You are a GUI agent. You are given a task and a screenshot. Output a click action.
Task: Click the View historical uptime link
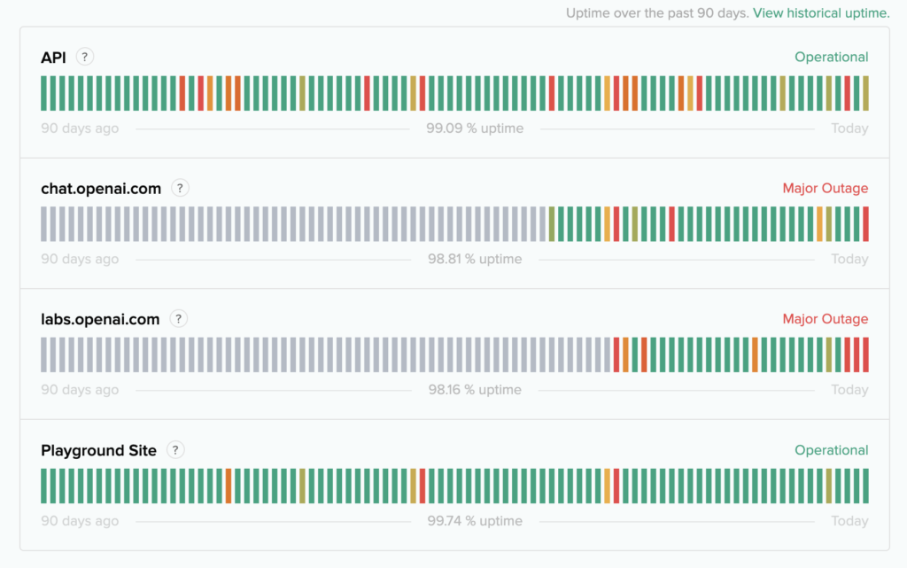click(x=821, y=12)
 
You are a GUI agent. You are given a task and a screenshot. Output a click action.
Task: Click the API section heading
click(x=53, y=58)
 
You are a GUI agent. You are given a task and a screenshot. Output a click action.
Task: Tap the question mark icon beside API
click(x=85, y=57)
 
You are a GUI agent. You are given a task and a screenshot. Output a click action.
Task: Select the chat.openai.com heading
click(x=101, y=188)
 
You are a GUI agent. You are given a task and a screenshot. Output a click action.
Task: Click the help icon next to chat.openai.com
click(x=180, y=188)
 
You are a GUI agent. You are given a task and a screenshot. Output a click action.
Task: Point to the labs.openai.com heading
click(x=100, y=319)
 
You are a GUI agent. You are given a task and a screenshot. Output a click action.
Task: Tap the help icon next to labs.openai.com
click(x=179, y=319)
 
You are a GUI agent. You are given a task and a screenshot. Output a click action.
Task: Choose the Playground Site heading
click(x=98, y=450)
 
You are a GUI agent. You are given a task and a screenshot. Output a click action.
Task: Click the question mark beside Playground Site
click(x=176, y=450)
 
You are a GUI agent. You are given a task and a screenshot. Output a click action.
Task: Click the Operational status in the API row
click(x=831, y=57)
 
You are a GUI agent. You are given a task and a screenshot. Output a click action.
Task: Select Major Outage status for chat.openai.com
click(x=825, y=188)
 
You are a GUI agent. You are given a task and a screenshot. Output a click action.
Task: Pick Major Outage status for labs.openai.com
click(x=825, y=319)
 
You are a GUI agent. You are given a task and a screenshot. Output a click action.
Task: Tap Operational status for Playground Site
click(x=831, y=450)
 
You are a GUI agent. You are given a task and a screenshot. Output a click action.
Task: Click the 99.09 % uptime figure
click(x=475, y=128)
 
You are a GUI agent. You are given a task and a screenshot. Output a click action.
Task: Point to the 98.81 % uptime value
click(x=475, y=260)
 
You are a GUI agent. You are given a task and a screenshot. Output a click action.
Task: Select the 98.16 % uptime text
click(x=475, y=390)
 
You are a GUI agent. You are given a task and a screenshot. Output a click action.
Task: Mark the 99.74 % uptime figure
click(x=475, y=521)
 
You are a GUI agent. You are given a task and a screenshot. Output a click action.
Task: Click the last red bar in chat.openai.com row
click(x=865, y=224)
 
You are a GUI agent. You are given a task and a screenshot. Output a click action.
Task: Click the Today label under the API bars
click(x=849, y=128)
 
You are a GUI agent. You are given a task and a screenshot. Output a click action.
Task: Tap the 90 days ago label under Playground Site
click(x=80, y=521)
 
